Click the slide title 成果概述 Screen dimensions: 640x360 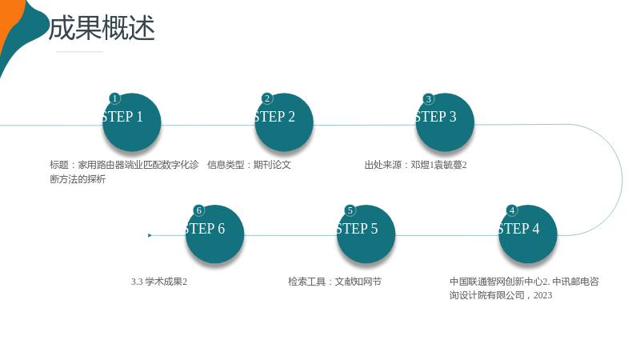[x=102, y=28]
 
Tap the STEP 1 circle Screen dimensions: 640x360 [x=131, y=122]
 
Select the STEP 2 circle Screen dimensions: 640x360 [x=284, y=122]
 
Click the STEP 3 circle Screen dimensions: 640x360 [x=445, y=122]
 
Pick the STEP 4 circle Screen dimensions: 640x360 [x=528, y=234]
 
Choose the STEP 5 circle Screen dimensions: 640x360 [x=366, y=234]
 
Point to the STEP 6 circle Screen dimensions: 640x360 [x=214, y=234]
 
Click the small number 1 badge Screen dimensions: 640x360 [x=114, y=98]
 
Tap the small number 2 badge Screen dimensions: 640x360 [x=267, y=98]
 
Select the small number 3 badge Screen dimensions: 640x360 [x=428, y=98]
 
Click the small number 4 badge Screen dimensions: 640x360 [x=512, y=210]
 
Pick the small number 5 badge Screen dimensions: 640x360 [x=350, y=210]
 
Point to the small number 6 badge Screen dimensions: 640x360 [x=198, y=210]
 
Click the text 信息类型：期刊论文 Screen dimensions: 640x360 [x=249, y=165]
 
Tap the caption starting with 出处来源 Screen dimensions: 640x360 [x=415, y=165]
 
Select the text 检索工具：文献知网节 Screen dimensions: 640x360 [x=334, y=282]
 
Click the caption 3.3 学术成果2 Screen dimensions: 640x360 [x=158, y=282]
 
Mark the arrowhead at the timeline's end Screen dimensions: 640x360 [x=150, y=235]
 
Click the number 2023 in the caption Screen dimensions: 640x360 [x=542, y=295]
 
